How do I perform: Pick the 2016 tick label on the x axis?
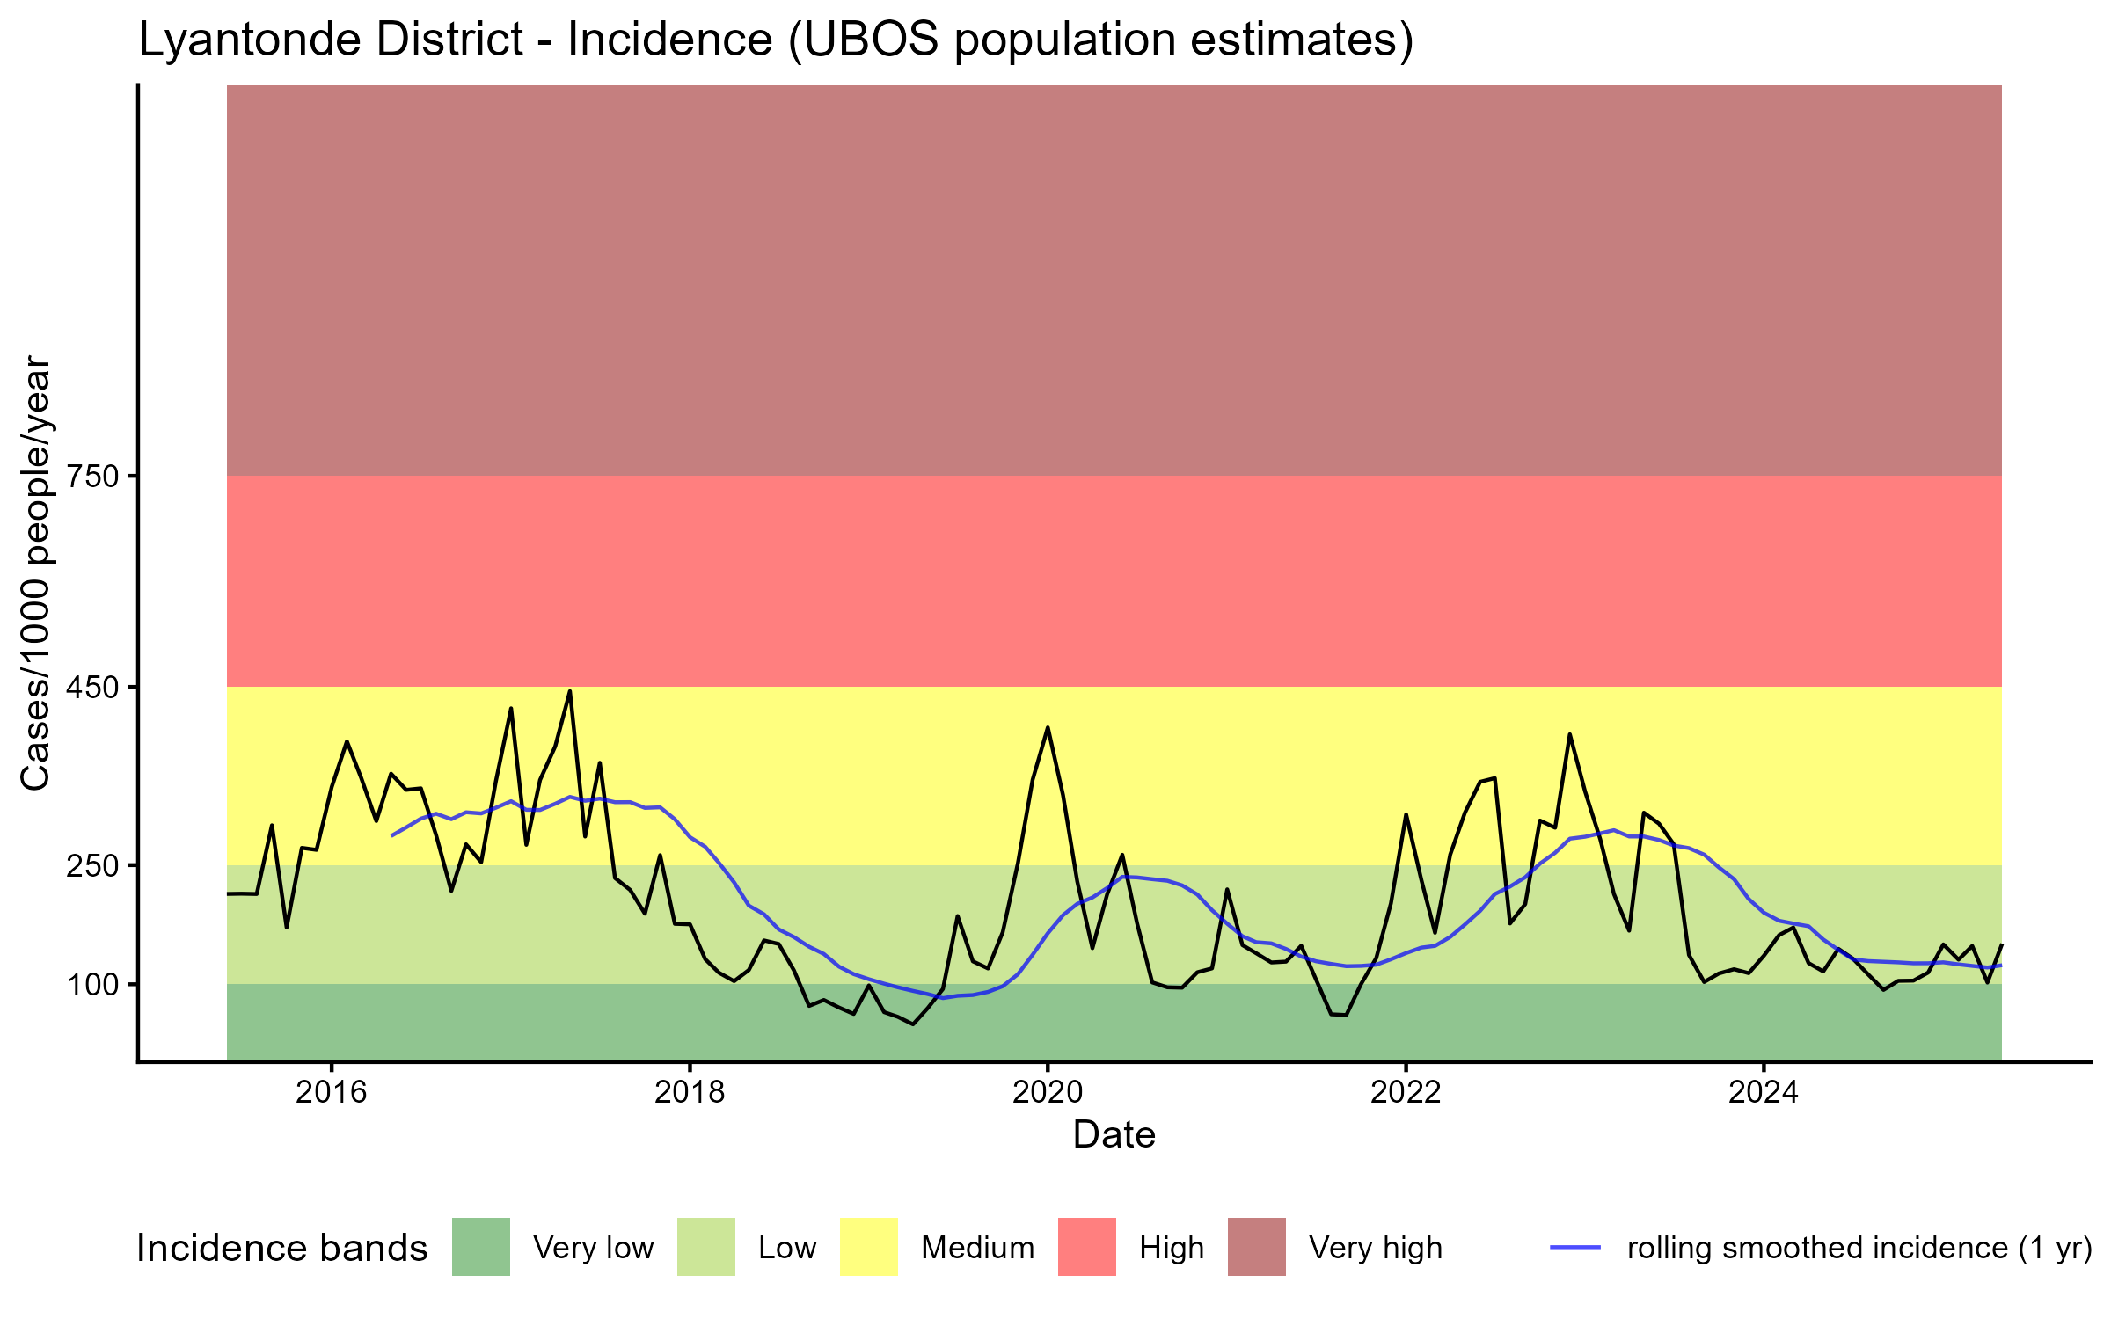[x=331, y=1092]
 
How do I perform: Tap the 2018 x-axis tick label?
[x=690, y=1092]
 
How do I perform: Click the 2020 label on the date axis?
[x=1048, y=1092]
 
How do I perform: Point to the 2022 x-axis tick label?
[x=1406, y=1092]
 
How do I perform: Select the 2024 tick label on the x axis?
[x=1764, y=1092]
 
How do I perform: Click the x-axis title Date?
[x=1114, y=1135]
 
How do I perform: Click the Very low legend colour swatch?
[x=481, y=1247]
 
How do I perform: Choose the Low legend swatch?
[x=706, y=1247]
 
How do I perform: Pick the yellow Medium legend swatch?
[x=869, y=1247]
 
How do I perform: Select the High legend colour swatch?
[x=1087, y=1247]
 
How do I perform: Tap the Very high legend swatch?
[x=1257, y=1247]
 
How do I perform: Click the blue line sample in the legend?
[x=1575, y=1247]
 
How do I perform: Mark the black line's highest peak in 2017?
[x=570, y=691]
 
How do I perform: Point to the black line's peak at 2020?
[x=1048, y=727]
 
